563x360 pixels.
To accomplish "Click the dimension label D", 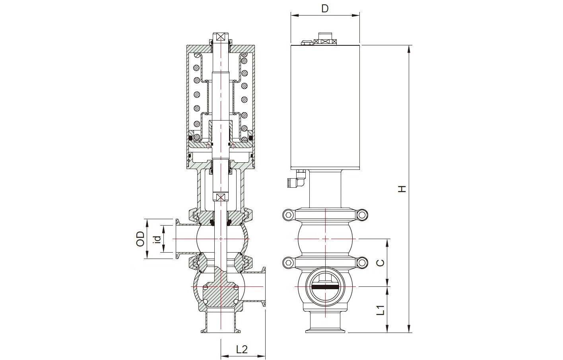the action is tap(325, 8).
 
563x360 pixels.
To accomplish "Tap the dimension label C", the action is tap(381, 263).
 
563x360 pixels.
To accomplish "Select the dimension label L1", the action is tap(381, 310).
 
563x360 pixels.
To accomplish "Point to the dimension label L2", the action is tap(242, 349).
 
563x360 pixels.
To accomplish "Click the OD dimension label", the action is tap(140, 239).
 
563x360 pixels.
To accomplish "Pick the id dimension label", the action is tap(157, 239).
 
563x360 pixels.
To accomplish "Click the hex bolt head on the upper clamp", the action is tap(288, 215).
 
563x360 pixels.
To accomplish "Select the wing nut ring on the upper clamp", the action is tap(362, 215).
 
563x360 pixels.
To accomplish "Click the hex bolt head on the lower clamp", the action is tap(288, 263).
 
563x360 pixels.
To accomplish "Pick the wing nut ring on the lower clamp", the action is tap(362, 263).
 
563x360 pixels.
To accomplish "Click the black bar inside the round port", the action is tap(325, 286).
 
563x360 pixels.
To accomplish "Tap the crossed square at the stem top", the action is tap(221, 37).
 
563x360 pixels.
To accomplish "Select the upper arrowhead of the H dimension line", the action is tap(409, 49).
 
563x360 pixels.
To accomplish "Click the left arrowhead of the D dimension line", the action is tap(295, 16).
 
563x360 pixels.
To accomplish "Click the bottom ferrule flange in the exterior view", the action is tap(325, 331).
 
